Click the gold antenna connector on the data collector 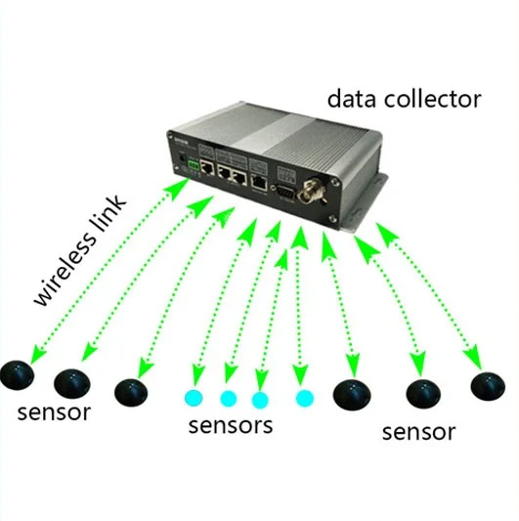(x=320, y=186)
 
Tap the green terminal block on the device (x=205, y=167)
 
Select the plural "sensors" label (x=230, y=425)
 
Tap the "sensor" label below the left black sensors (x=55, y=412)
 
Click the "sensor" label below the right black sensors (x=418, y=431)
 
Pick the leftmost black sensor (x=17, y=372)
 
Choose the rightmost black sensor (x=488, y=384)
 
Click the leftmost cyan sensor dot (x=194, y=398)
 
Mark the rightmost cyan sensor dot (x=305, y=398)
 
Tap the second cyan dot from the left (x=229, y=398)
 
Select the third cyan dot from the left (x=259, y=399)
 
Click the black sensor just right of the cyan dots (x=352, y=394)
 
